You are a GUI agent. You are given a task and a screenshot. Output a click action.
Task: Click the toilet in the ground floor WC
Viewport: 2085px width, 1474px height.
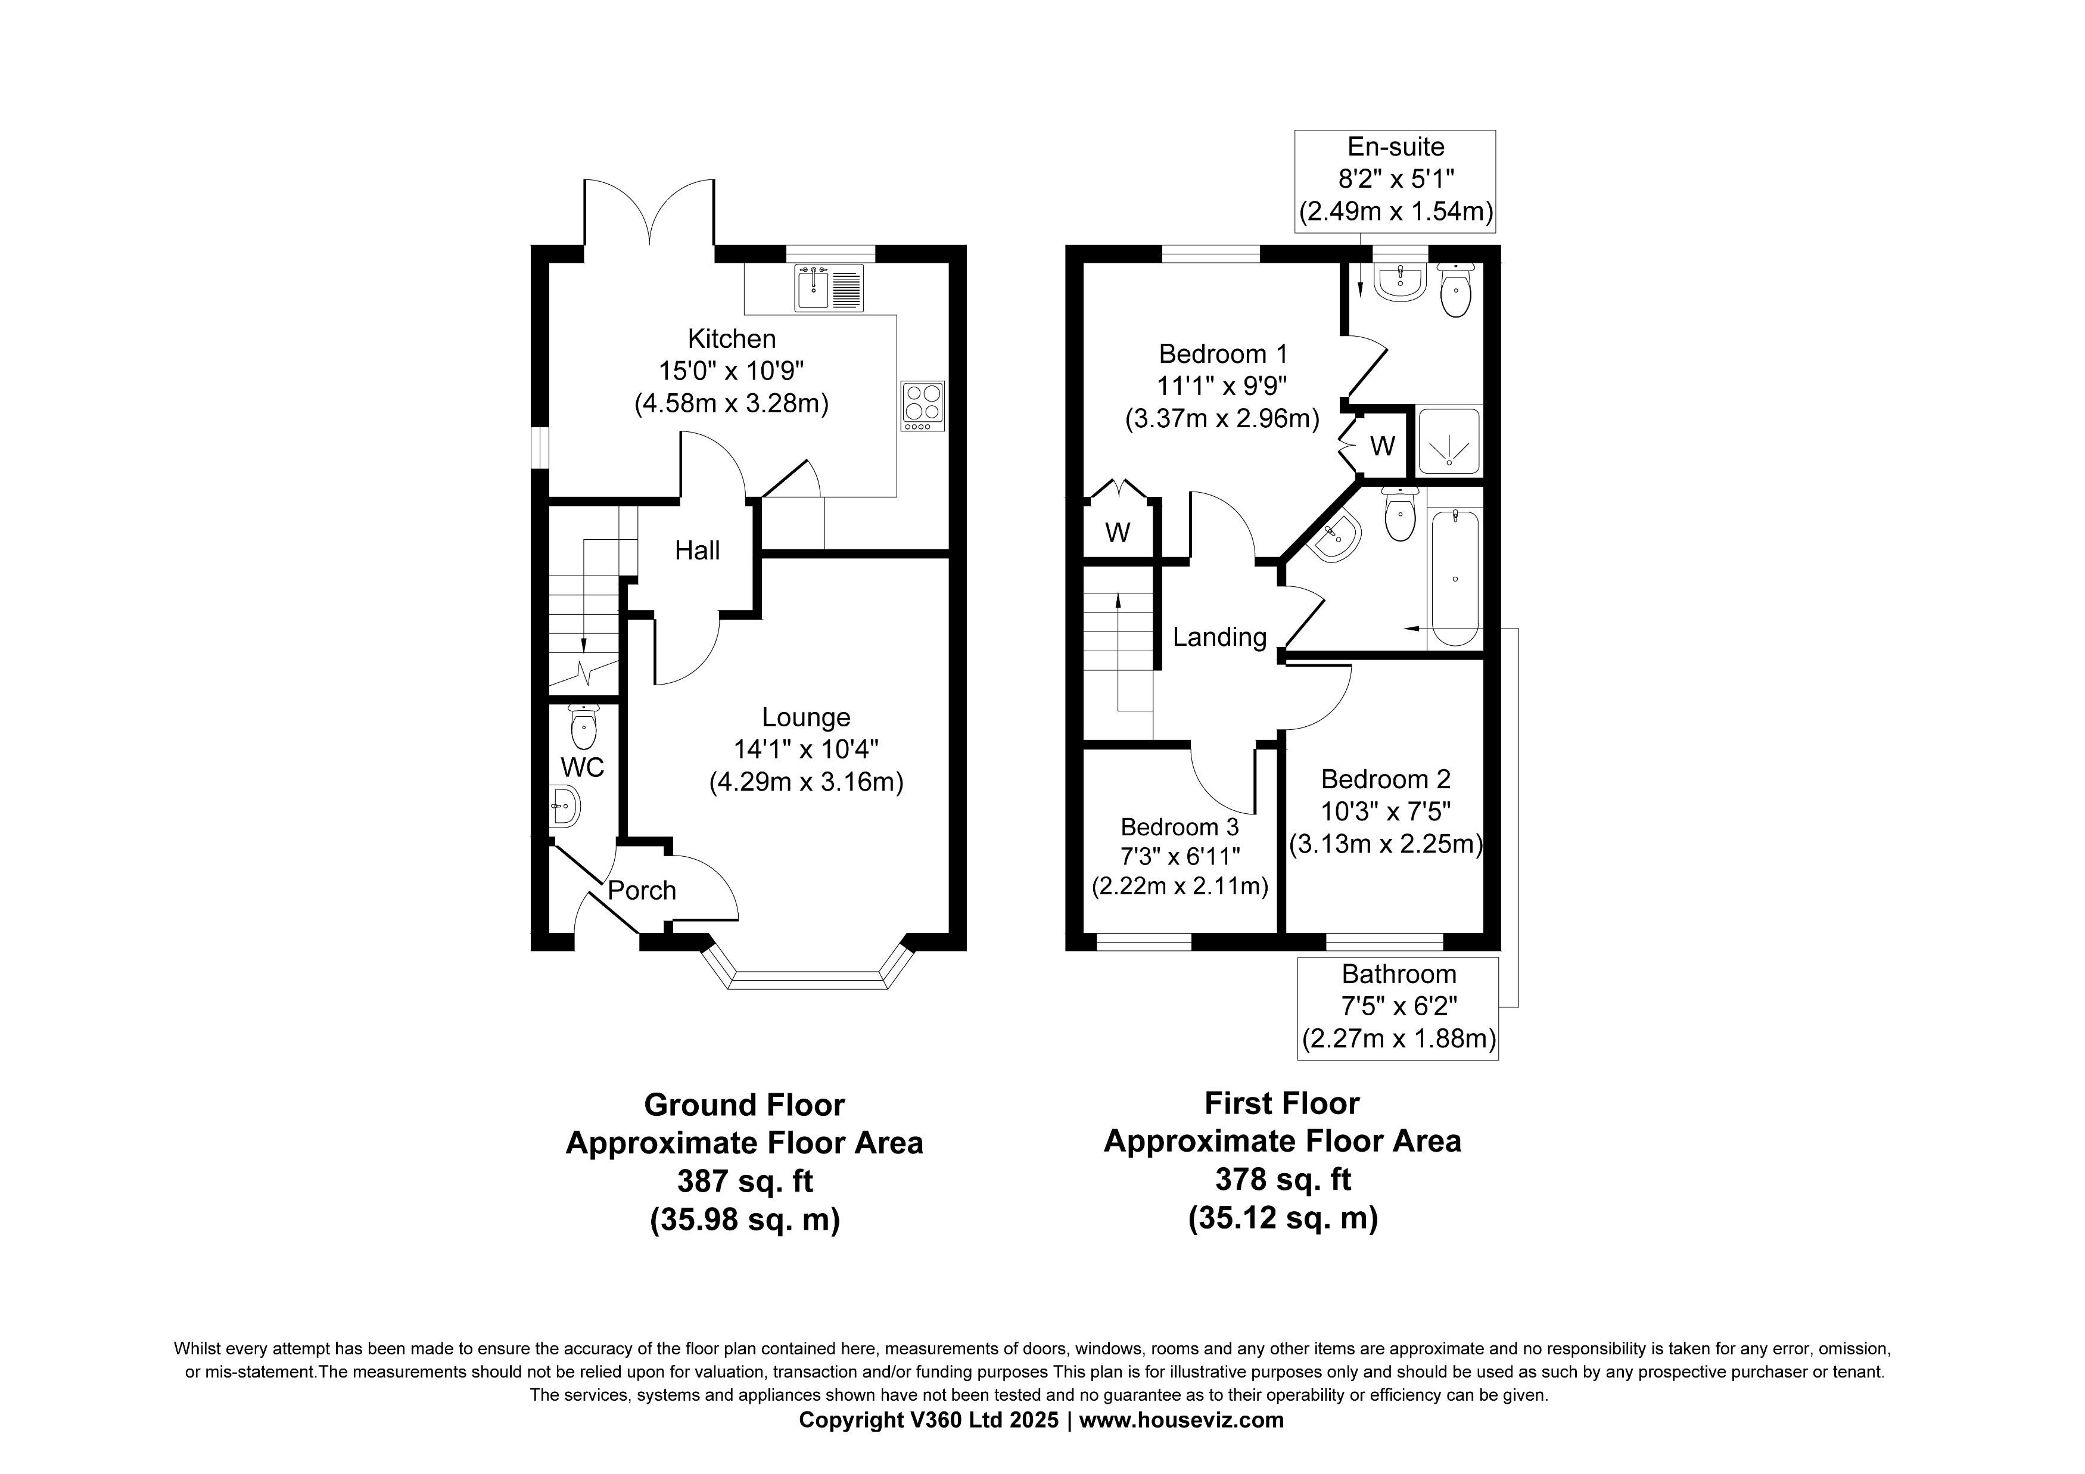point(582,726)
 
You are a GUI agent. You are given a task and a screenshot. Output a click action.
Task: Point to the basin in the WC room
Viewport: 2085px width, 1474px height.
point(564,807)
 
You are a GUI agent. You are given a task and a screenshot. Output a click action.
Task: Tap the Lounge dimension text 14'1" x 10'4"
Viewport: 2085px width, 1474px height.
point(805,750)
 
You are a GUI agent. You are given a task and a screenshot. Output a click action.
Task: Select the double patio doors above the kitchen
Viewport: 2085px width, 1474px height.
point(650,213)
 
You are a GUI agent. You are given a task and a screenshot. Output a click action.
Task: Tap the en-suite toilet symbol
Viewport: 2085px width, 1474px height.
point(1456,291)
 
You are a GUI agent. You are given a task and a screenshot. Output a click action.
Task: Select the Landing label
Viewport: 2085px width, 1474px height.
point(1219,637)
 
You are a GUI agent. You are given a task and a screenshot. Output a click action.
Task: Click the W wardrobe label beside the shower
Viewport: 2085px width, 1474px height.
point(1382,446)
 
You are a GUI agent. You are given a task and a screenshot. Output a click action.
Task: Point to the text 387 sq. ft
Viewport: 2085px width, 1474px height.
point(745,1181)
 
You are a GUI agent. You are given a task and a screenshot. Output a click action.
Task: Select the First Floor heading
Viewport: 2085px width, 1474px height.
point(1281,1103)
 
